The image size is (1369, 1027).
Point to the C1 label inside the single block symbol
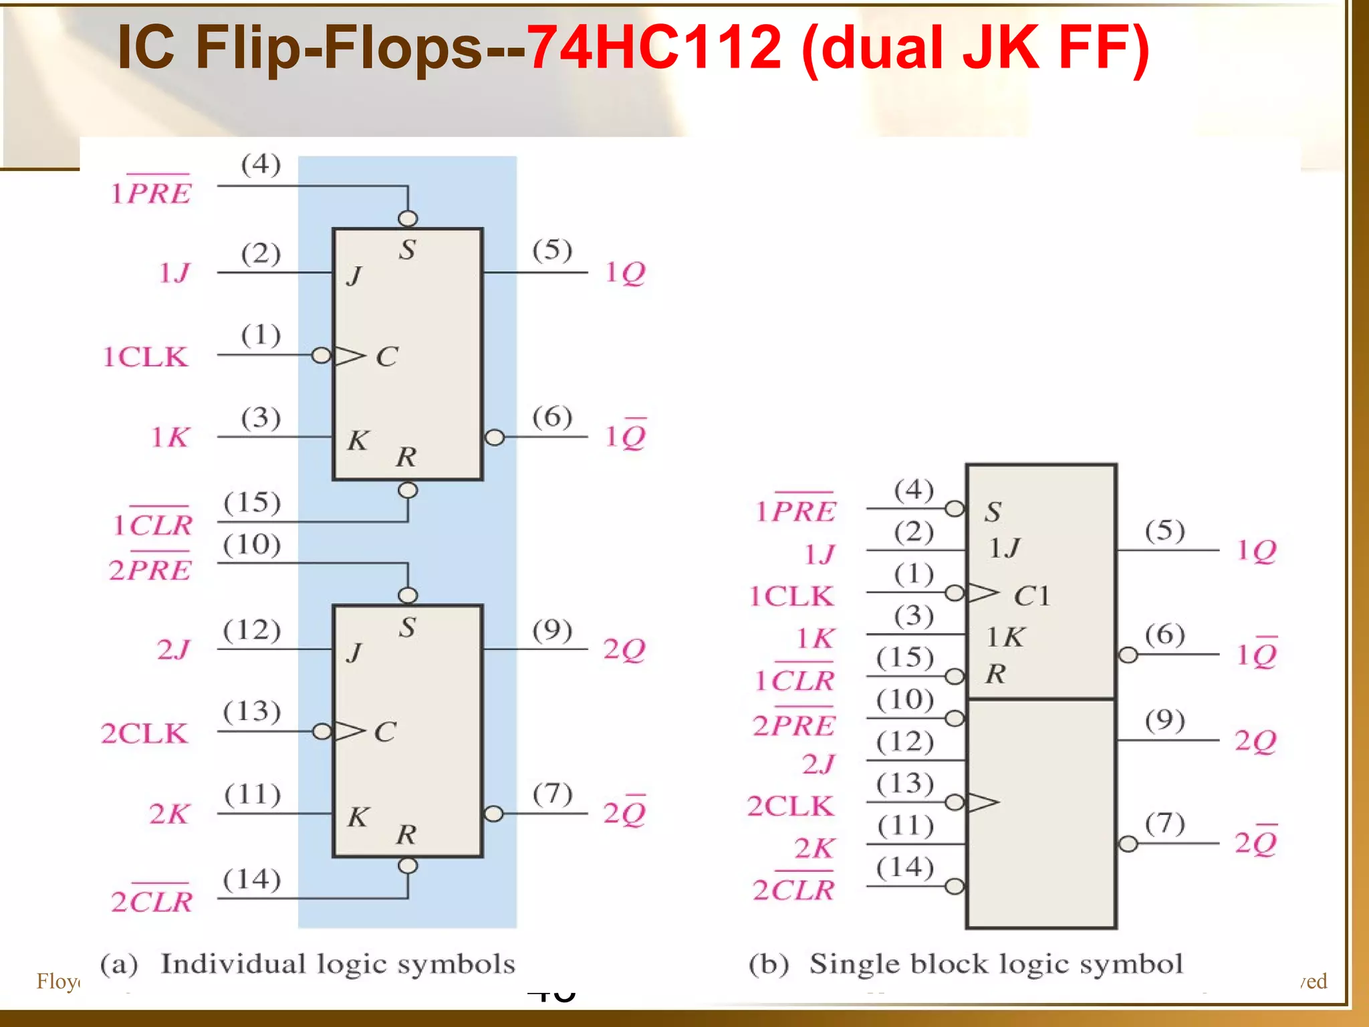[1031, 596]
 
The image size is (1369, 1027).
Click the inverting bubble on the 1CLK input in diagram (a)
[322, 355]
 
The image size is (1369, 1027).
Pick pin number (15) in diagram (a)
[252, 502]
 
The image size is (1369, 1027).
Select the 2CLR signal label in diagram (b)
[793, 889]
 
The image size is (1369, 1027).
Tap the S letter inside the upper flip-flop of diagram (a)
[407, 249]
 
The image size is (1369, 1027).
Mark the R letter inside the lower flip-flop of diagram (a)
[406, 834]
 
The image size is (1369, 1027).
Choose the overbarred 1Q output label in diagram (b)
[1257, 654]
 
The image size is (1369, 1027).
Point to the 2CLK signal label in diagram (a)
[144, 733]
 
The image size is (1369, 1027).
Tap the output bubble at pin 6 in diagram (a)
[494, 437]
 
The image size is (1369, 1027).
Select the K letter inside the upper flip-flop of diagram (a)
[358, 440]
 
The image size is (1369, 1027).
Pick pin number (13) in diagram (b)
[905, 782]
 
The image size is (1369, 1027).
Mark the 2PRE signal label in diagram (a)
[150, 569]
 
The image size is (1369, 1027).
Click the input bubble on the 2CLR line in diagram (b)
[955, 887]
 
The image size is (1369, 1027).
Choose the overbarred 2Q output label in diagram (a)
[624, 812]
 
